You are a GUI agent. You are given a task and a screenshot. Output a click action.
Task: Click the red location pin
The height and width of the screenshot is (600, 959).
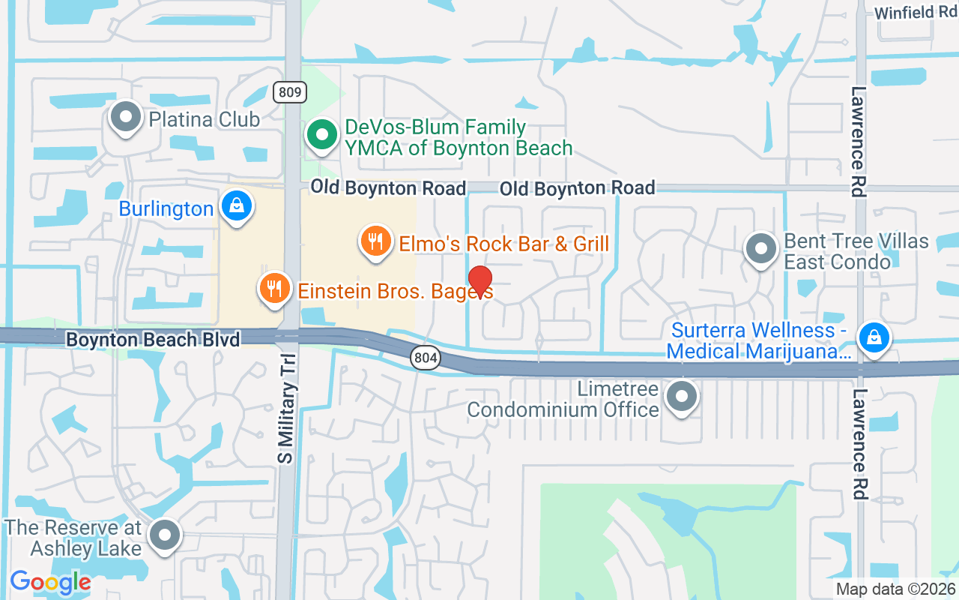point(479,282)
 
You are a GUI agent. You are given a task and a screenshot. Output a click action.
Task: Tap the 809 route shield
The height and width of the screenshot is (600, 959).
point(288,92)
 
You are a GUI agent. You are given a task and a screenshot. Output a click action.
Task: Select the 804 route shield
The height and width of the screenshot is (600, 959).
point(426,358)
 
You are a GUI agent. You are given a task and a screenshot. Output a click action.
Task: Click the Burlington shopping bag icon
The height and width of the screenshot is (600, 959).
point(237,204)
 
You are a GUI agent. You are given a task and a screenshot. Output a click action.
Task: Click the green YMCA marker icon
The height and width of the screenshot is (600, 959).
point(323,136)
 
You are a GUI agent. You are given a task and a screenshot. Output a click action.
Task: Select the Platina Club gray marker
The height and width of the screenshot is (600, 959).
point(126,117)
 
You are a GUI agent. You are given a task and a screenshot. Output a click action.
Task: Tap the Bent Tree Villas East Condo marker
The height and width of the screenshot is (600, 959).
point(762,249)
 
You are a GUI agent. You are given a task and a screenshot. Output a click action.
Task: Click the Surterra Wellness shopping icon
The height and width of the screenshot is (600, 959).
point(874,337)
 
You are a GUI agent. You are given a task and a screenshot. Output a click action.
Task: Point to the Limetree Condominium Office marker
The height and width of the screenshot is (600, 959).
point(682,397)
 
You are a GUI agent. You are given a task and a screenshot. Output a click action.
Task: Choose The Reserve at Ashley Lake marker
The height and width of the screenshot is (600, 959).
point(165,535)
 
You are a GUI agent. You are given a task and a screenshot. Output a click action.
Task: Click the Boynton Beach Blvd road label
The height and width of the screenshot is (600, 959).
point(153,340)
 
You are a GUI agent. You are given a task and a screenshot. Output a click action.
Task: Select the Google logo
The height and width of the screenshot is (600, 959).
point(50,582)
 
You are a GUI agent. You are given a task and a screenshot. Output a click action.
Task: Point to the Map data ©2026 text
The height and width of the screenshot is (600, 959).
point(895,589)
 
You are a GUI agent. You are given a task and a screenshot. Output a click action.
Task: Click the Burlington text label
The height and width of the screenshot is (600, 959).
point(166,209)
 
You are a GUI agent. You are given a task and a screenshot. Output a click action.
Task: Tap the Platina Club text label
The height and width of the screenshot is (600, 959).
point(204,119)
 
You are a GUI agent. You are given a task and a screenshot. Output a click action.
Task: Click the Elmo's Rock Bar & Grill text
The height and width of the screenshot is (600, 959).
point(503,244)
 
